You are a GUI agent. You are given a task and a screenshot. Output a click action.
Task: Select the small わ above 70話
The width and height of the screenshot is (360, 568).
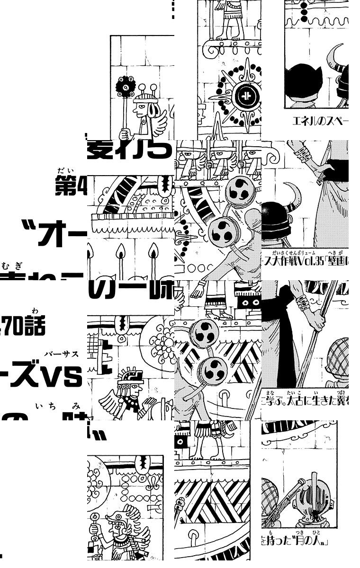coord(35,311)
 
